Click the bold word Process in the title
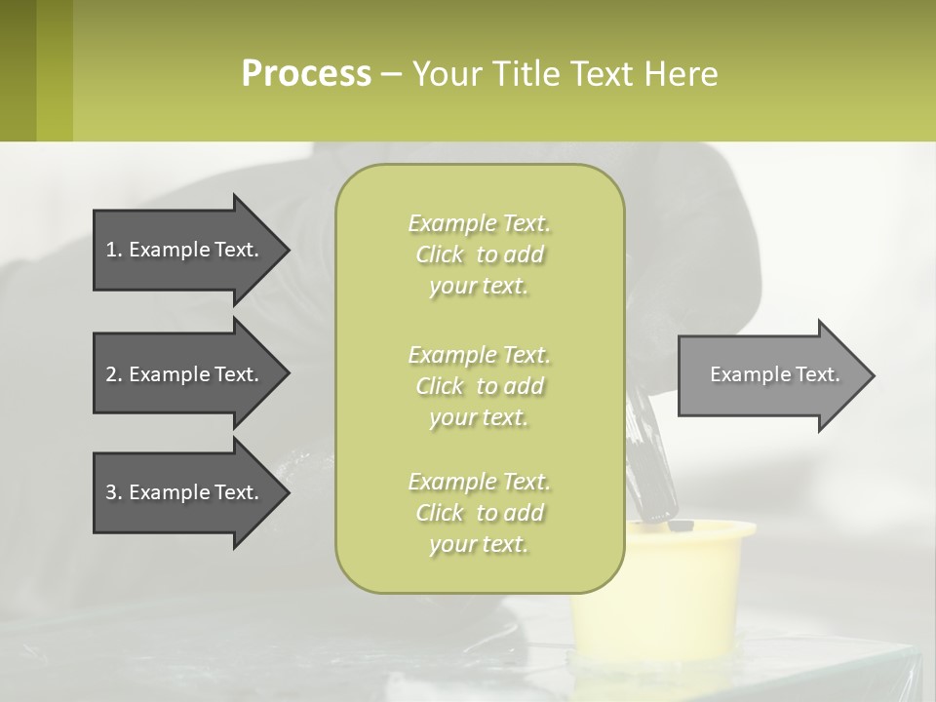[306, 73]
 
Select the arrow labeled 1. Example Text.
[185, 250]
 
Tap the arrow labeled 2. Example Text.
[185, 374]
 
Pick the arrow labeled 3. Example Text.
[185, 492]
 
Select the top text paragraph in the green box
[479, 254]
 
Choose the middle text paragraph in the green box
[479, 386]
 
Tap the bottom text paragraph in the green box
[479, 513]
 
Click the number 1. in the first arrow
[113, 250]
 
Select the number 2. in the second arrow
[113, 374]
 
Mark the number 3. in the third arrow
[113, 492]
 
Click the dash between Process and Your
[391, 74]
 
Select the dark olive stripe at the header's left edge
[18, 70]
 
